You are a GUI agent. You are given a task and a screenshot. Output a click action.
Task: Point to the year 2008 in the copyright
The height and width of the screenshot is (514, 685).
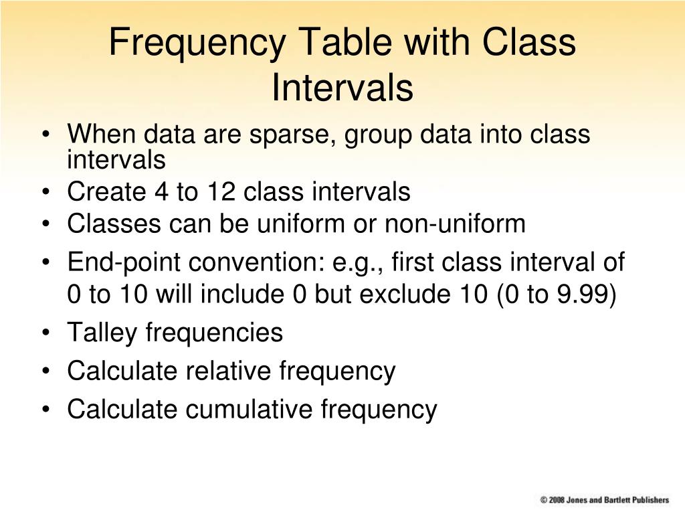click(557, 500)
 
